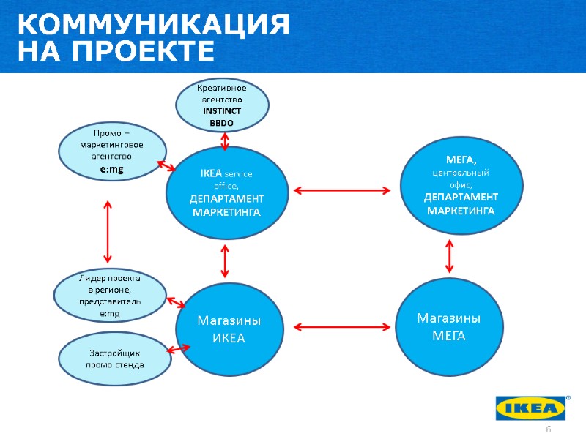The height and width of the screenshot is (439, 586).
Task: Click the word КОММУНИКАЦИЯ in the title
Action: [153, 25]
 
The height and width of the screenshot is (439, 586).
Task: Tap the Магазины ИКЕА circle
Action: [229, 330]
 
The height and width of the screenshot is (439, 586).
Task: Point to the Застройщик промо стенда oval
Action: [114, 359]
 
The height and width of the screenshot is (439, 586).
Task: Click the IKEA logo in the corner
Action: [531, 408]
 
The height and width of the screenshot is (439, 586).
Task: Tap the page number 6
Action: [546, 427]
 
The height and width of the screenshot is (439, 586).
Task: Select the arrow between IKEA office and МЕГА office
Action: [342, 191]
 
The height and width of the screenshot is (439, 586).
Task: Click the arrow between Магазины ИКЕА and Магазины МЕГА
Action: [343, 326]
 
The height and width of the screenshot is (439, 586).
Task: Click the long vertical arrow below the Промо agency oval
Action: [108, 233]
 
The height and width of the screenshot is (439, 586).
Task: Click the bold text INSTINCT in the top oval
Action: [222, 111]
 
